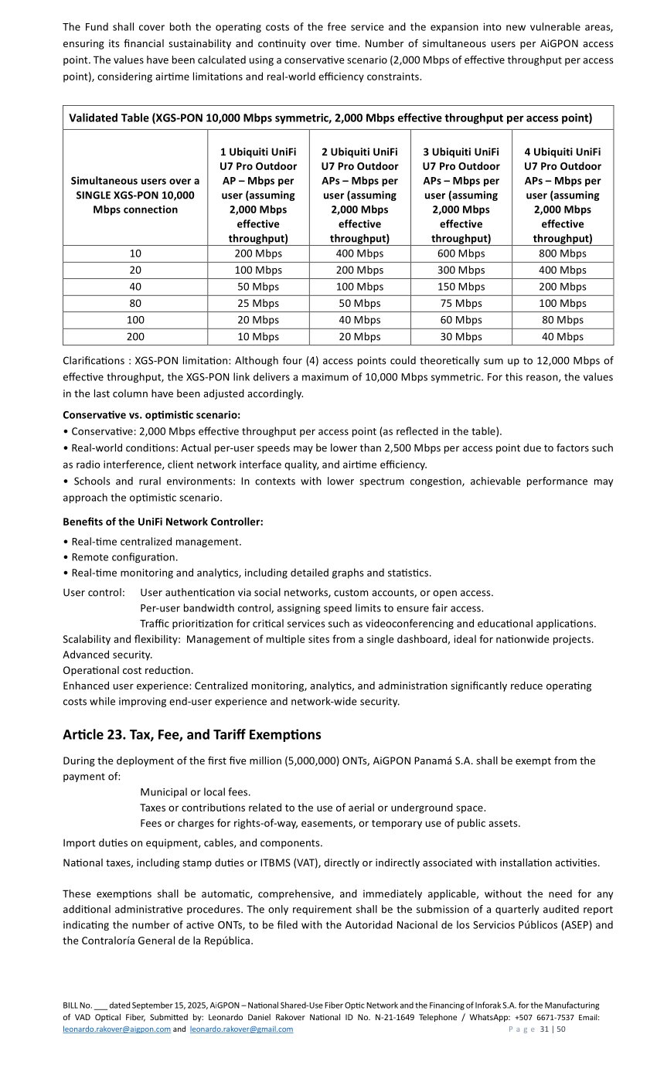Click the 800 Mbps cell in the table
[562, 253]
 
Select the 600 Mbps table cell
[461, 253]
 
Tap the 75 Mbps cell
[461, 303]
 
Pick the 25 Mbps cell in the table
[258, 303]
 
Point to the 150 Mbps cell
[461, 287]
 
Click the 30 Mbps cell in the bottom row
[461, 336]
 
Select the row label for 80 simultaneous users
[134, 303]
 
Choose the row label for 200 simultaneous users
[134, 336]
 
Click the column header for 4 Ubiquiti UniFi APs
[562, 195]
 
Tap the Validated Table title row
[330, 118]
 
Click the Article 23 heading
[192, 734]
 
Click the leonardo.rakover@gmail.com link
[241, 1029]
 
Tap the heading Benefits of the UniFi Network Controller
[163, 522]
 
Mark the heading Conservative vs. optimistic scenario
[151, 415]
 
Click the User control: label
[94, 593]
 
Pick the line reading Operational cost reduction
[128, 670]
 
